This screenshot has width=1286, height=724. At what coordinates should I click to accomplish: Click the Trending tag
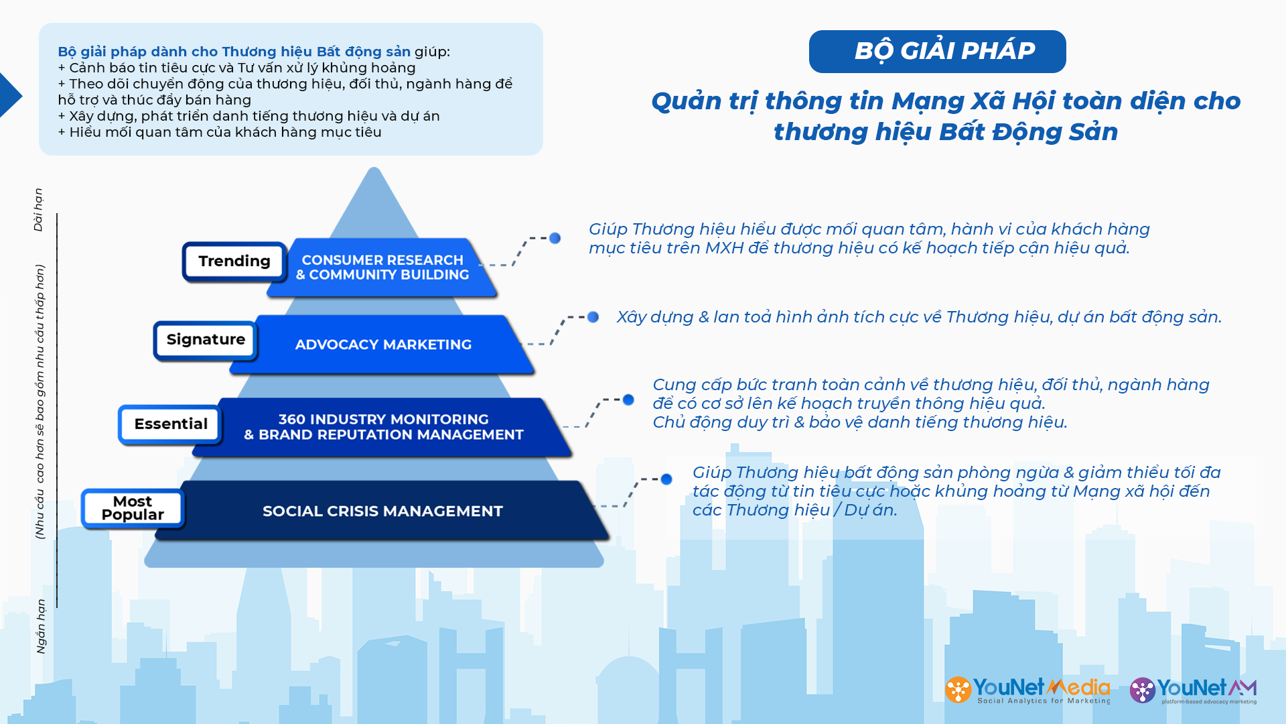coord(234,261)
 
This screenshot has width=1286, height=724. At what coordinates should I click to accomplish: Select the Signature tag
coord(206,340)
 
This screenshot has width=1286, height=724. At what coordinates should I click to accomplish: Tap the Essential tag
coord(171,424)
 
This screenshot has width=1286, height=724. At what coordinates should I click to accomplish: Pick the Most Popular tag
coord(133,508)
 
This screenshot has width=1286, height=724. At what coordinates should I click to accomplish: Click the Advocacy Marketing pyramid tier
coord(383,345)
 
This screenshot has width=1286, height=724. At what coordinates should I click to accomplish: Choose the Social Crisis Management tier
coord(383,511)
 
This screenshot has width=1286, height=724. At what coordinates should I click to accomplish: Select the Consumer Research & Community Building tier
coord(382,267)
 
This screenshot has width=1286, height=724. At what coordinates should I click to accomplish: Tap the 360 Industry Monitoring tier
coord(383,427)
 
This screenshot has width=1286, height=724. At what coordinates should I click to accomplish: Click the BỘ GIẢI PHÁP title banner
coord(937,52)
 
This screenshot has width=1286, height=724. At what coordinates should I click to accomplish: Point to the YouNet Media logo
coord(1027,690)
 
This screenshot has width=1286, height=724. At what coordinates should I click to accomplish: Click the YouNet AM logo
coord(1193,690)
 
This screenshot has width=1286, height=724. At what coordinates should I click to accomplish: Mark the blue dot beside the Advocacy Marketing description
coord(593,317)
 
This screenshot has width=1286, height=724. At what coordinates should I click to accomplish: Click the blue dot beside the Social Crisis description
coord(666,479)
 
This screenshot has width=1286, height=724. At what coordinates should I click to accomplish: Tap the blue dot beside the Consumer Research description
coord(555,238)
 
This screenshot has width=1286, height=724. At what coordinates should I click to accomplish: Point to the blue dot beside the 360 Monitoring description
coord(628,400)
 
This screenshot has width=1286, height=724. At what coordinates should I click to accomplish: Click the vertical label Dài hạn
coord(39,210)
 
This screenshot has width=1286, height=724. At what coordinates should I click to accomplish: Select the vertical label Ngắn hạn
coord(41,626)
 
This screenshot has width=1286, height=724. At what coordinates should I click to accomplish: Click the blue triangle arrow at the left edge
coord(10,95)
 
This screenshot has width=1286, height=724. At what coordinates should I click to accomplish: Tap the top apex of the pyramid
coord(374,168)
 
